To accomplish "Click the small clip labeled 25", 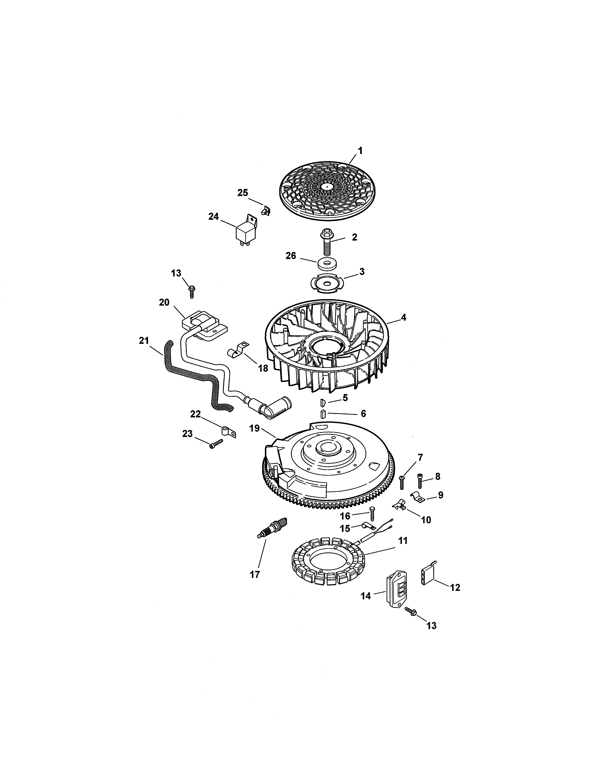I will pyautogui.click(x=267, y=211).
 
